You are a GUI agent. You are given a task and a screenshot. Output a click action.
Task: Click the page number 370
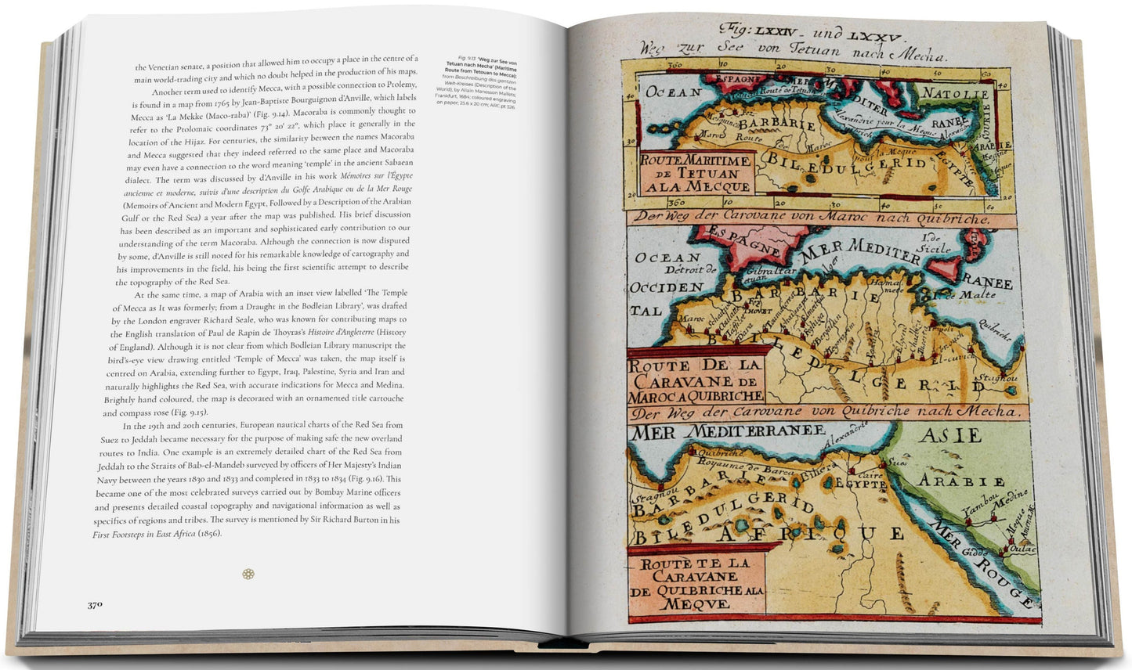(95, 604)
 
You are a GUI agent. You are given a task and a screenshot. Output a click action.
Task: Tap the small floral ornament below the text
(248, 574)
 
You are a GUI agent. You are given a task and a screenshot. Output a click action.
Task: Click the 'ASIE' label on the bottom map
(950, 435)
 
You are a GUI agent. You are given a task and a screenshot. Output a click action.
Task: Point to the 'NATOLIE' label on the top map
(966, 93)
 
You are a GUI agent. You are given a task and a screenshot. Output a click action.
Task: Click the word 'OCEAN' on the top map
(674, 92)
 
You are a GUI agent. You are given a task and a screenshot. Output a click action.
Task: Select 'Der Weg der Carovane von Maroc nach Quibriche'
(812, 218)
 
